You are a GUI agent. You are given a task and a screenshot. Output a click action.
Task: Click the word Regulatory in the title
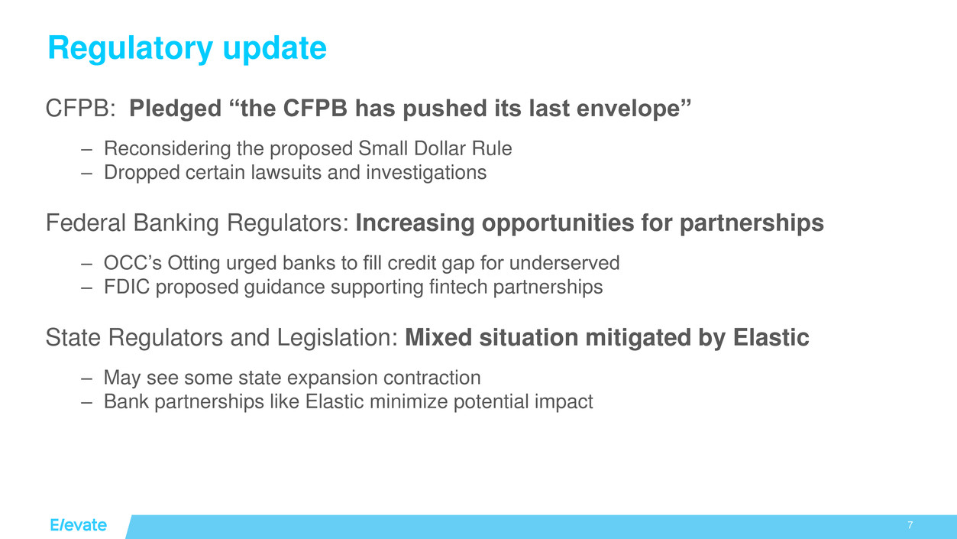pyautogui.click(x=131, y=48)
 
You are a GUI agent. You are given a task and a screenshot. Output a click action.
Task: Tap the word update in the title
pyautogui.click(x=275, y=48)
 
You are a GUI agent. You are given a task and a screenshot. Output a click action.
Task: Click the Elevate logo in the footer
pyautogui.click(x=78, y=525)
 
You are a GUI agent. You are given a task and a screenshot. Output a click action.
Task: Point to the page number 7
pyautogui.click(x=910, y=525)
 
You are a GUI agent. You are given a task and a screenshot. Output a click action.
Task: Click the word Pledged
pyautogui.click(x=175, y=109)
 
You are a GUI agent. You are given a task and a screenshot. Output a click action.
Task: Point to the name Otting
pyautogui.click(x=193, y=264)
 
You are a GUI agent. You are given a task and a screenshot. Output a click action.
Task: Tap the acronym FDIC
pyautogui.click(x=127, y=287)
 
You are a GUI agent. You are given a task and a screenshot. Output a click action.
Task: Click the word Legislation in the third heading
pyautogui.click(x=338, y=337)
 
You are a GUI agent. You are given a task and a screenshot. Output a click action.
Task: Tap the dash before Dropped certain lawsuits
pyautogui.click(x=87, y=174)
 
